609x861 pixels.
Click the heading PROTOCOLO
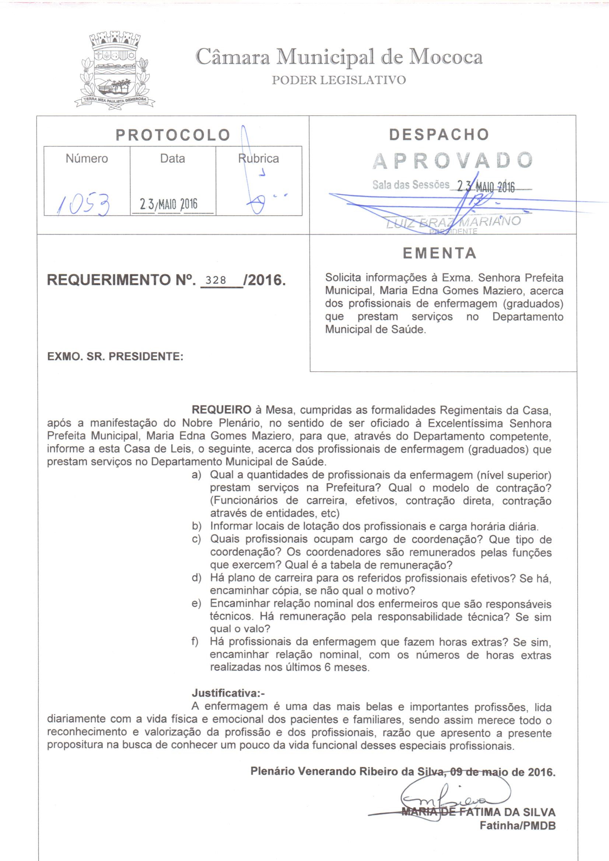click(x=173, y=135)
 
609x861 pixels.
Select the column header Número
click(x=87, y=159)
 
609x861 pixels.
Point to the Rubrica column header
click(x=259, y=159)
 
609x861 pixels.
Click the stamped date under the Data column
click(x=168, y=204)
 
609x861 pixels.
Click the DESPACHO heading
click(x=439, y=134)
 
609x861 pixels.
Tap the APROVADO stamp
click(x=452, y=161)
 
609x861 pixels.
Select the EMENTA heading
click(x=440, y=254)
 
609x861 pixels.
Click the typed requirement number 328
click(x=217, y=280)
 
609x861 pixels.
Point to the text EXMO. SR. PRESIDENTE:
click(x=115, y=356)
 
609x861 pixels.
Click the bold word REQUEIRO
click(x=221, y=410)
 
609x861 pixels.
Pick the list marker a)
click(x=196, y=475)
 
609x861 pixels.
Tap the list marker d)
click(x=196, y=578)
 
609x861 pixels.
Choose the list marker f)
click(x=195, y=642)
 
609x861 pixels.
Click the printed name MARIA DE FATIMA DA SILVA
click(x=479, y=812)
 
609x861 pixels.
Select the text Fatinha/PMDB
click(x=518, y=826)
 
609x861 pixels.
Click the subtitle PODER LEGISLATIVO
click(x=339, y=80)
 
